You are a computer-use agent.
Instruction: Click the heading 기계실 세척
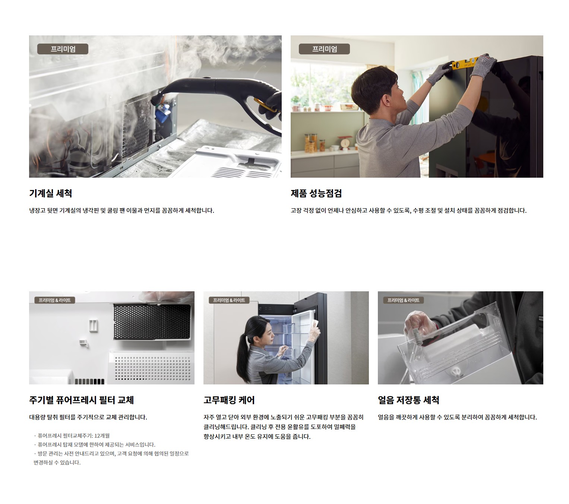coord(51,193)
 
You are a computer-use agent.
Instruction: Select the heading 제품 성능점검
coord(316,193)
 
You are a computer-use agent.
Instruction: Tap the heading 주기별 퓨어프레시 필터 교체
coord(82,400)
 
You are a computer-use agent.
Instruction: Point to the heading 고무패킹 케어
coord(229,400)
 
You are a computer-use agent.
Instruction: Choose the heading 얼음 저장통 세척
coord(408,400)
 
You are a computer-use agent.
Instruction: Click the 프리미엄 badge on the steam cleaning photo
coord(63,49)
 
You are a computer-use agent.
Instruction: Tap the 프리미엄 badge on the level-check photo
coord(324,49)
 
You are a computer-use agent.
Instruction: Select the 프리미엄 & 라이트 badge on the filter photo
coord(55,300)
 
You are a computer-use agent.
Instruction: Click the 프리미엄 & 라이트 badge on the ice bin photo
coord(403,300)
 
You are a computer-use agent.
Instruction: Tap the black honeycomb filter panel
coord(152,322)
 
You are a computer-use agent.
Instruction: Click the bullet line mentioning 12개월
coord(72,435)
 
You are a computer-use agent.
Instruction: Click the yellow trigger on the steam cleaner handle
coord(265,105)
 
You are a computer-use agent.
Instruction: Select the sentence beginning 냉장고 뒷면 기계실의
coord(121,210)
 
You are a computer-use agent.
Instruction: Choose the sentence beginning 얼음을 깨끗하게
coord(457,417)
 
